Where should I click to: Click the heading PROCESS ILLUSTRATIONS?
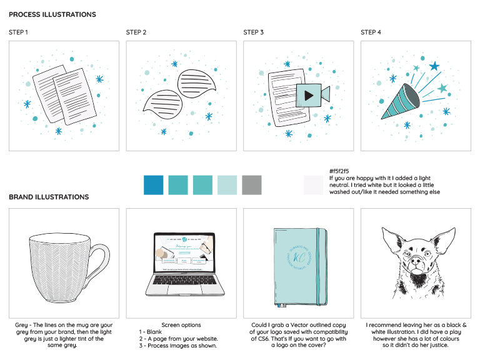click(52, 14)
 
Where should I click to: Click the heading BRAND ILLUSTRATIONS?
click(49, 197)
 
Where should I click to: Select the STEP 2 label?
click(136, 32)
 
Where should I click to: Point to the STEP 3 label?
click(254, 32)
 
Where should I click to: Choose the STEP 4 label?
click(371, 32)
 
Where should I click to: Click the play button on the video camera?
click(309, 96)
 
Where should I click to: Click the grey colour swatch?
click(251, 185)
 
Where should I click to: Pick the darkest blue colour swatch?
click(154, 185)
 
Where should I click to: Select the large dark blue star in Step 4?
click(434, 66)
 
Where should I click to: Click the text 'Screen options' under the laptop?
click(181, 325)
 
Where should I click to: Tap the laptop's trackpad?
click(181, 292)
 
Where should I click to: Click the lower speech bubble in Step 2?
click(159, 104)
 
